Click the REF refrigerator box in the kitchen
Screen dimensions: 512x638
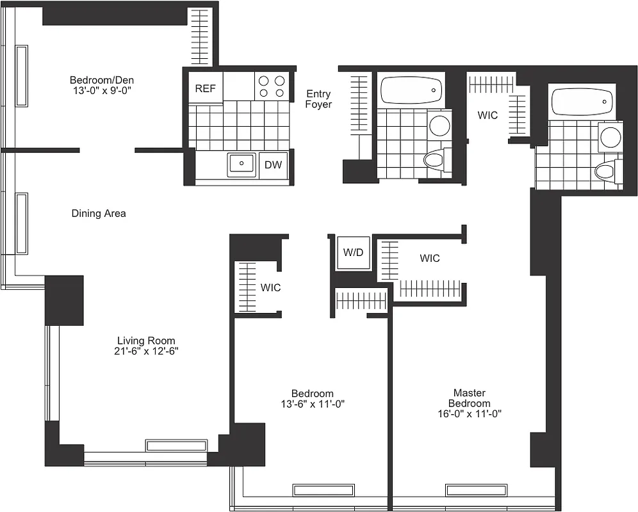[205, 89]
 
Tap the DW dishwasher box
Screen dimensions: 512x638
[274, 166]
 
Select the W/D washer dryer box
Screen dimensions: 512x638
[353, 253]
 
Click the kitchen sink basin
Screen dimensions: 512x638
[242, 164]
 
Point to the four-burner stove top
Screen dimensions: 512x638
[272, 86]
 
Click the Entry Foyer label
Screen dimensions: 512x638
[318, 99]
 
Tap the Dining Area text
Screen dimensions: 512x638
[99, 214]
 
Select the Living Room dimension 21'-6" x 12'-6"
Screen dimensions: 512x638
[146, 352]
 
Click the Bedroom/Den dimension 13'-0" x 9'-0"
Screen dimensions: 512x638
[102, 91]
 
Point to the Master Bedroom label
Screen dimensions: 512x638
[469, 398]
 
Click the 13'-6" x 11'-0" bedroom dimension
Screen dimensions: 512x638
[312, 404]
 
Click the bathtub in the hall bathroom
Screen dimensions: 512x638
[411, 90]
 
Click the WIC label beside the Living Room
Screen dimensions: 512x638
[270, 288]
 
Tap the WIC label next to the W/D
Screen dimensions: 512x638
[430, 259]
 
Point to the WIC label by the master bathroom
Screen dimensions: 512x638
[487, 116]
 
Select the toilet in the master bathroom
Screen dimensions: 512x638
[607, 172]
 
